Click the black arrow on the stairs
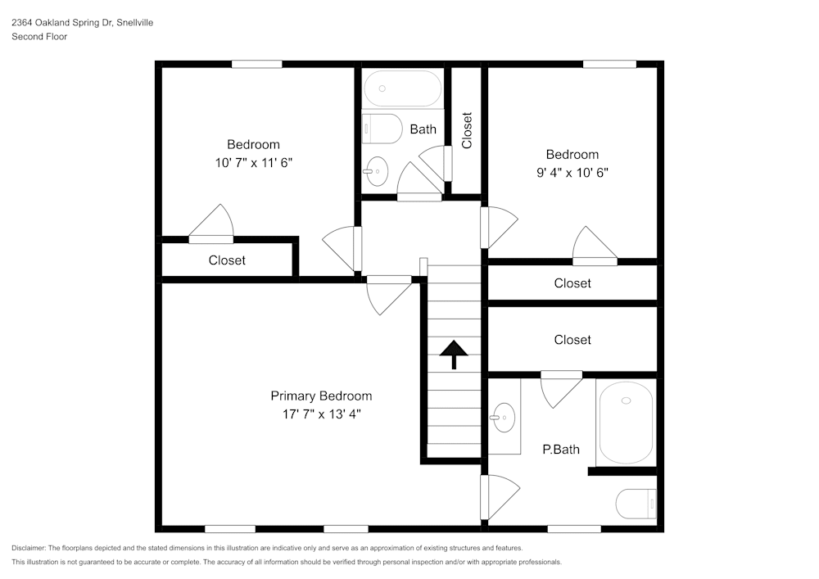pyautogui.click(x=453, y=355)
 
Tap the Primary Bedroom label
pyautogui.click(x=321, y=396)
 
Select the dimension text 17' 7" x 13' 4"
pyautogui.click(x=321, y=414)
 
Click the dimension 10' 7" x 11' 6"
pyautogui.click(x=254, y=163)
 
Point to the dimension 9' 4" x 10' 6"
pyautogui.click(x=572, y=173)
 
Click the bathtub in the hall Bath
pyautogui.click(x=402, y=88)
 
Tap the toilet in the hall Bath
pyautogui.click(x=382, y=129)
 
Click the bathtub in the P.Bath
pyautogui.click(x=627, y=423)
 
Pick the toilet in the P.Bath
pyautogui.click(x=636, y=503)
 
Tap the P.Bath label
pyautogui.click(x=561, y=449)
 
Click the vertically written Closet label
pyautogui.click(x=467, y=130)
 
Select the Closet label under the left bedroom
pyautogui.click(x=227, y=260)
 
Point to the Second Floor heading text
pyautogui.click(x=39, y=37)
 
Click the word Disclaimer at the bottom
pyautogui.click(x=29, y=548)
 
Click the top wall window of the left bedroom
pyautogui.click(x=256, y=64)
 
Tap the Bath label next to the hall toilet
pyautogui.click(x=423, y=129)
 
